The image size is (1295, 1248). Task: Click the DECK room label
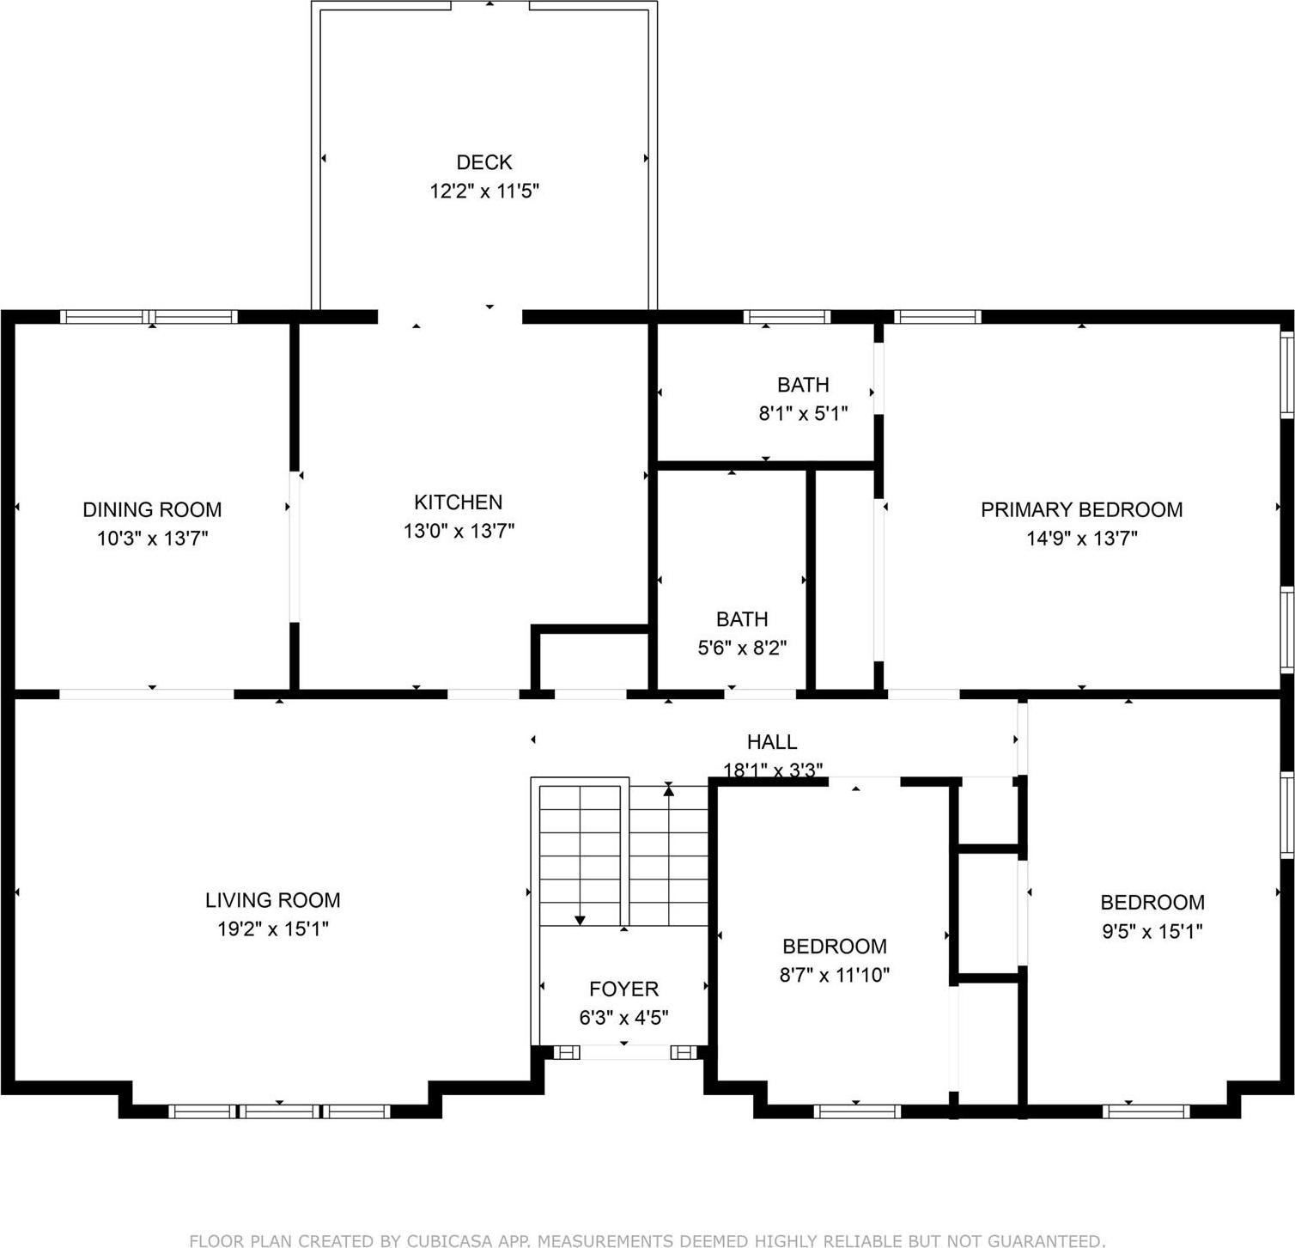point(483,162)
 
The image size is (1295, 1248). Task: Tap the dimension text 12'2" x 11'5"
point(483,191)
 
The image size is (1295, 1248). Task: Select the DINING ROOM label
point(152,509)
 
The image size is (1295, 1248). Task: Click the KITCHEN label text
point(458,502)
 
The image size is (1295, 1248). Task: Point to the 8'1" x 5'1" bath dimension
point(803,413)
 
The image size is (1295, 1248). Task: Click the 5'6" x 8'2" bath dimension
point(742,648)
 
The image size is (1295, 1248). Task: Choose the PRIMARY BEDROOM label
point(1081,509)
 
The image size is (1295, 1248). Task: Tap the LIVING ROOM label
point(272,900)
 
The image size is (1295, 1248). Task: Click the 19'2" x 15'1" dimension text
point(272,928)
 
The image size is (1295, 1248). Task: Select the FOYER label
point(623,989)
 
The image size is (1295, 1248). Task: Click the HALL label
point(771,741)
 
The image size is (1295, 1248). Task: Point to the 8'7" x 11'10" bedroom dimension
point(834,975)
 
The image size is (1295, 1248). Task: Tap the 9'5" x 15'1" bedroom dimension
point(1152,931)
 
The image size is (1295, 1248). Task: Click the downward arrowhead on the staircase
point(580,920)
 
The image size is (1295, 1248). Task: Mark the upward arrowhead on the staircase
point(669,791)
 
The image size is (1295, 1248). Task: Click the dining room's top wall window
point(149,317)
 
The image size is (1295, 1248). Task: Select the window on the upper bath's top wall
point(786,317)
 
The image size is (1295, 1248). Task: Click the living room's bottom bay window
point(279,1111)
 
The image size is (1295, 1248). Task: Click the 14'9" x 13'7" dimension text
point(1081,539)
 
